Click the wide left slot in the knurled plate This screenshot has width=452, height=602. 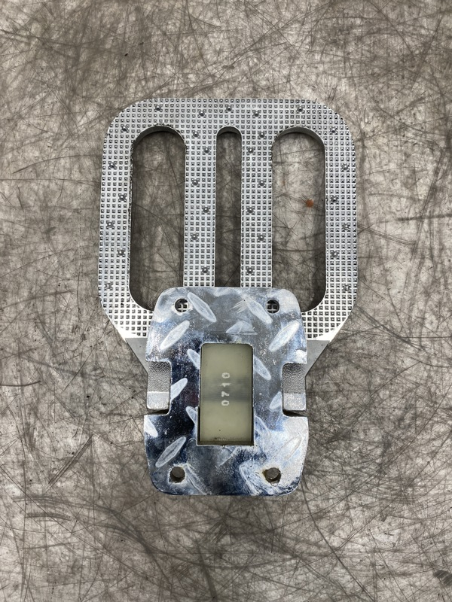click(x=157, y=215)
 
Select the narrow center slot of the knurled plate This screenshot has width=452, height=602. click(x=228, y=208)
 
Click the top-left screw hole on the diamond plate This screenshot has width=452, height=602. click(x=182, y=306)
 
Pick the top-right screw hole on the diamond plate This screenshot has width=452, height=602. click(x=273, y=306)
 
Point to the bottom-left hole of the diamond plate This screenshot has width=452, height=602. click(x=177, y=474)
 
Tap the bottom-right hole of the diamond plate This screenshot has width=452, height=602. click(x=272, y=475)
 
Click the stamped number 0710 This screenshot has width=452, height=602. click(x=225, y=388)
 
